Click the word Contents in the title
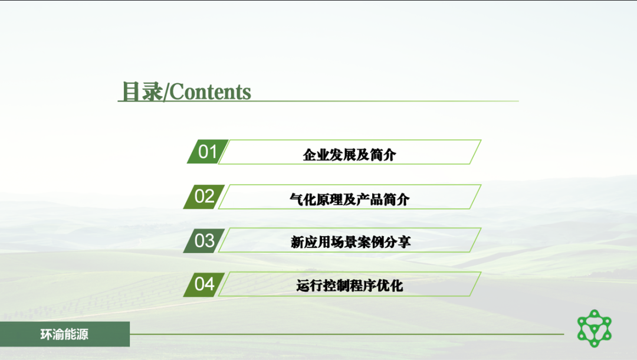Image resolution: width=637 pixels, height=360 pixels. tap(210, 92)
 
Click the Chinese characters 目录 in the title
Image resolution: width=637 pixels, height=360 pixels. tap(142, 91)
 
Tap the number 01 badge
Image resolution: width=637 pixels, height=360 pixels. tap(208, 152)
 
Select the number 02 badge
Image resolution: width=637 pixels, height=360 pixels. tap(204, 197)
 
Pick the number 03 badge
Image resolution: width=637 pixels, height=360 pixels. tap(204, 241)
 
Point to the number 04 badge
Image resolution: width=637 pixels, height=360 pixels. tap(204, 284)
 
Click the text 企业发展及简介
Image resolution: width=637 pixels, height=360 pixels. tap(349, 155)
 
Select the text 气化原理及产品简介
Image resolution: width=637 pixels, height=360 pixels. tap(349, 199)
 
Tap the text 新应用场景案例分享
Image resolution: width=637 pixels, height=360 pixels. tap(350, 242)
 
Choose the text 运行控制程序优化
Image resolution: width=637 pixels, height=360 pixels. tap(349, 286)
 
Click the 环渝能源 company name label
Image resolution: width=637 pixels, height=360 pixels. tap(64, 335)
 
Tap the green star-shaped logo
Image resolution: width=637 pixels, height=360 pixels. tap(595, 328)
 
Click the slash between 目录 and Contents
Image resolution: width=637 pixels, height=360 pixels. tap(166, 92)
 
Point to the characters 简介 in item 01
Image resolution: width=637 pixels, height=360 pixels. tap(383, 155)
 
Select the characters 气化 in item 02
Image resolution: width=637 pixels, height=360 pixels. tap(303, 199)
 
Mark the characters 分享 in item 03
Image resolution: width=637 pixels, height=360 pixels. tap(398, 242)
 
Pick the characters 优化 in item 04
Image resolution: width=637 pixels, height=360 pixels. tap(390, 286)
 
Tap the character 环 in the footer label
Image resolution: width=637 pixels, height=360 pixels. tap(46, 335)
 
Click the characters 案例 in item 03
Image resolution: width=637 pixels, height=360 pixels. tap(371, 242)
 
